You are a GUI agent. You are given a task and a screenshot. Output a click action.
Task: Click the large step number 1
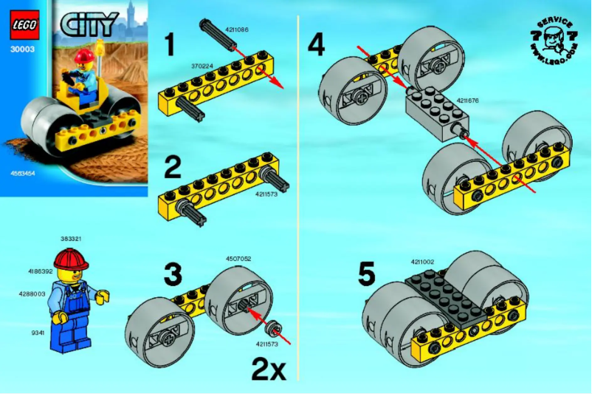170,45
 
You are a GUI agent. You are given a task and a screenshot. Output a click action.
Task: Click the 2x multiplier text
268,368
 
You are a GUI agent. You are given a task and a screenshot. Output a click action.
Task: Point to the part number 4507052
239,259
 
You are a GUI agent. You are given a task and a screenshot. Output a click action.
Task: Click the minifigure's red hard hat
71,258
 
